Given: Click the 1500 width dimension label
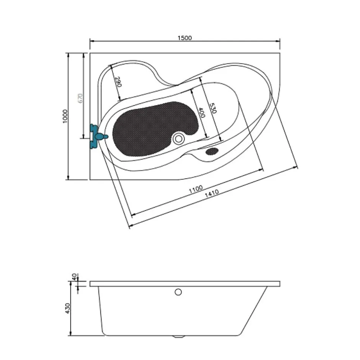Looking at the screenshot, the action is click(x=185, y=38).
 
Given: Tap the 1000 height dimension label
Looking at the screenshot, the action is click(x=65, y=116).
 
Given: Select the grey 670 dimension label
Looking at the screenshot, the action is click(x=80, y=98).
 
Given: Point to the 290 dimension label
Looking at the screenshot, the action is click(x=118, y=82).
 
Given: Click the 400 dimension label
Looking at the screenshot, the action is click(x=201, y=113).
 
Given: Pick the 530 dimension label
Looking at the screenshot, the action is click(x=213, y=108).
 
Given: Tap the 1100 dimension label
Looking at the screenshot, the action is click(x=196, y=189).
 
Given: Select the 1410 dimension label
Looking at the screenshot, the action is click(x=212, y=193).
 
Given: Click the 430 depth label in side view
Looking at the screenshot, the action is click(x=67, y=308).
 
